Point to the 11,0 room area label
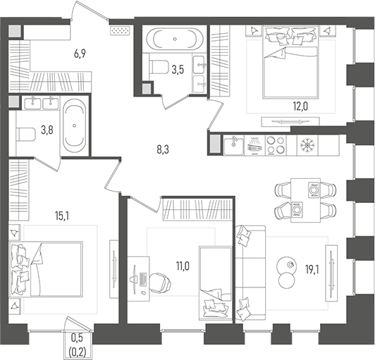click(x=183, y=266)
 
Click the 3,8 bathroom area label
click(x=46, y=129)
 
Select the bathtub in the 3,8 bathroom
click(x=74, y=125)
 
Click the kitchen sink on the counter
click(x=234, y=145)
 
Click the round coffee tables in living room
click(x=287, y=272)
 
